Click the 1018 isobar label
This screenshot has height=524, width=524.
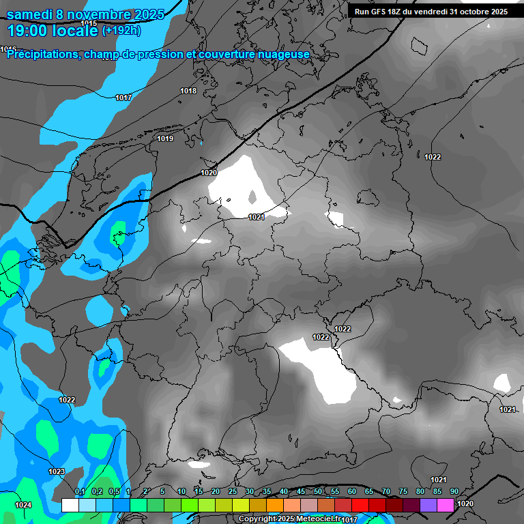[x=188, y=91]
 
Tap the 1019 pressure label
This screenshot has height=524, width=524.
[x=165, y=139]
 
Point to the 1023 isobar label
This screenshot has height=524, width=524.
[x=57, y=471]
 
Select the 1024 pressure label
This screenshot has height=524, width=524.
[x=23, y=505]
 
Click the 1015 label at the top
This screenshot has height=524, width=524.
[x=89, y=23]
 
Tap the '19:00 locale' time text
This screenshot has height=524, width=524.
[x=53, y=31]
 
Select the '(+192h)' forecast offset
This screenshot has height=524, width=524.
[x=121, y=31]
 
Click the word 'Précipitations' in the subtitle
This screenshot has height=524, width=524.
[x=42, y=54]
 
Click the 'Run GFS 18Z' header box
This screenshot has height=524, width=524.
[x=431, y=12]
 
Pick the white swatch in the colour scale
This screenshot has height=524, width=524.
[x=70, y=506]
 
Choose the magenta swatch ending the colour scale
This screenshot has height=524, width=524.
[x=446, y=506]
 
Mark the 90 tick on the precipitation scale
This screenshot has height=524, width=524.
[x=454, y=492]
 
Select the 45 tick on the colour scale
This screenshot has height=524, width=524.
[x=301, y=492]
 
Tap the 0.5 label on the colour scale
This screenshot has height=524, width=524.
[x=113, y=492]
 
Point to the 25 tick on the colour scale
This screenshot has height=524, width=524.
[x=233, y=492]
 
